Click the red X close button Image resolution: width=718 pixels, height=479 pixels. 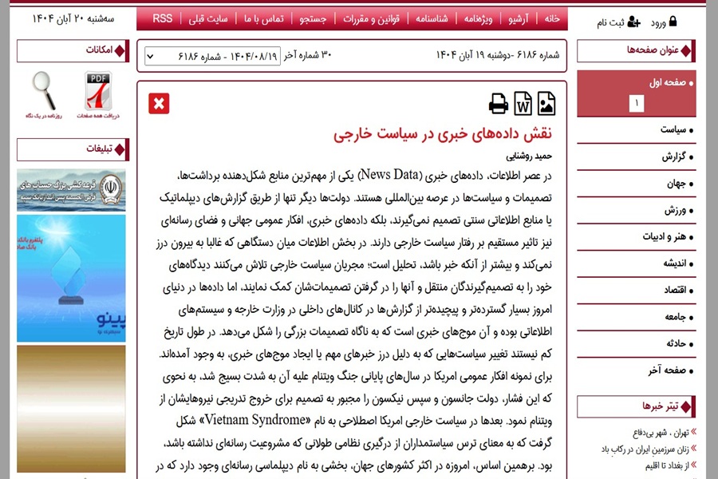pos(159,104)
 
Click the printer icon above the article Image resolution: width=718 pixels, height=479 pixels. pos(499,104)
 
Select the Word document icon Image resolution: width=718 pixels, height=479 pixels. pos(523,104)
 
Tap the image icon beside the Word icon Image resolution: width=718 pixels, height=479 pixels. pos(546,104)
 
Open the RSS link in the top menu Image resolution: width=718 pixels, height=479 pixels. pos(162,18)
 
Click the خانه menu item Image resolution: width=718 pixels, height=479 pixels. pos(550,18)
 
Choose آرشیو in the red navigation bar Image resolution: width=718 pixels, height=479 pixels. pos(519,18)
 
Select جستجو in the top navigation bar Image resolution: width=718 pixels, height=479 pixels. pos(312,18)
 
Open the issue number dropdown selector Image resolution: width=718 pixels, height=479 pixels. pos(223,57)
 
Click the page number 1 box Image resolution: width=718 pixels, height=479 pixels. pos(636,104)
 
